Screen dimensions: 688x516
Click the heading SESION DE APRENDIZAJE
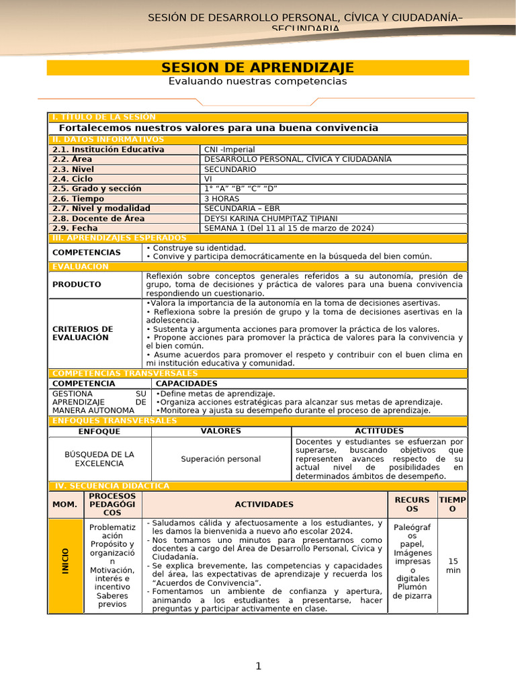click(257, 68)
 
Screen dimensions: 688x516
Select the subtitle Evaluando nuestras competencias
click(257, 81)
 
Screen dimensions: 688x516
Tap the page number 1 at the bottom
click(258, 666)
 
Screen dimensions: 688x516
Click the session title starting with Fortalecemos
click(218, 128)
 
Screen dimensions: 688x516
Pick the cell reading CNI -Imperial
click(229, 150)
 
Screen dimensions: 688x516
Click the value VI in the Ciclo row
click(208, 179)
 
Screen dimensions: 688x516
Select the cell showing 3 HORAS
click(221, 199)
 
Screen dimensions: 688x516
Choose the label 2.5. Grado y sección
click(97, 189)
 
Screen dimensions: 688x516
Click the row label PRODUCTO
click(77, 284)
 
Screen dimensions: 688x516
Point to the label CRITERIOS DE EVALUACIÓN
click(83, 333)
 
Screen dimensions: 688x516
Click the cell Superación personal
click(221, 459)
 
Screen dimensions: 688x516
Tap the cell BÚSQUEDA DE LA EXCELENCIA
click(99, 459)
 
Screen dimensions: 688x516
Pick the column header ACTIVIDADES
click(264, 504)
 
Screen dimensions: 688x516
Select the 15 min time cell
click(453, 565)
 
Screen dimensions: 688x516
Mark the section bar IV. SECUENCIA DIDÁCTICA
click(111, 486)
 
